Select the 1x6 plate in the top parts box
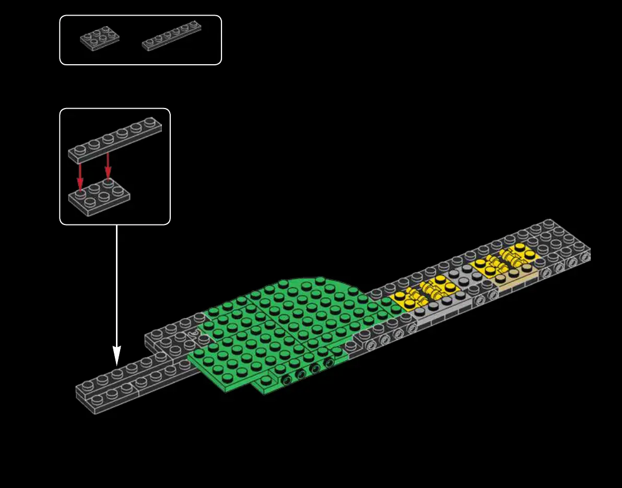pyautogui.click(x=171, y=35)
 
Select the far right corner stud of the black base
pyautogui.click(x=548, y=223)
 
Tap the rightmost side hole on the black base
pyautogui.click(x=585, y=257)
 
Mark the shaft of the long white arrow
pyautogui.click(x=116, y=287)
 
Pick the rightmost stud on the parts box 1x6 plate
pyautogui.click(x=194, y=24)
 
